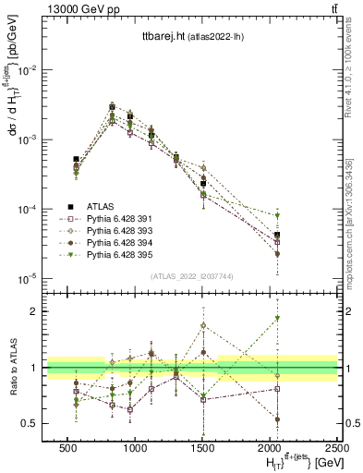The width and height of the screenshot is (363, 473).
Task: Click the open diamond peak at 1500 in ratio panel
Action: point(203,325)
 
